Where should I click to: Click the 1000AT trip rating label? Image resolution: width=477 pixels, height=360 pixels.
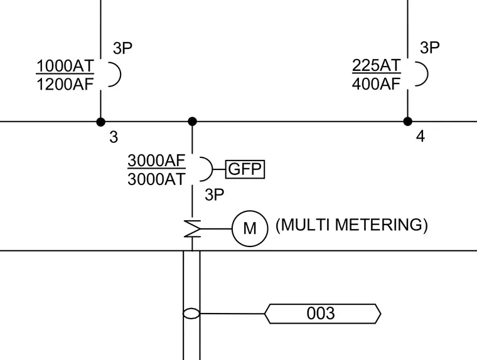[x=65, y=66]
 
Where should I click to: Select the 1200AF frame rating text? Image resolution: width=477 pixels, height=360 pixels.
[x=65, y=84]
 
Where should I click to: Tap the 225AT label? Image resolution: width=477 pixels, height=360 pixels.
[x=377, y=65]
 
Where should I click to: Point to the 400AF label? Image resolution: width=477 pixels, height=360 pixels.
[x=376, y=83]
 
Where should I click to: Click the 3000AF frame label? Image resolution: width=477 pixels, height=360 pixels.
[x=156, y=161]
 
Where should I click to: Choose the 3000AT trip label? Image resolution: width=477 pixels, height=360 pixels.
[x=156, y=179]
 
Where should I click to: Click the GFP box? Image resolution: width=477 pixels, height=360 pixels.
[x=245, y=169]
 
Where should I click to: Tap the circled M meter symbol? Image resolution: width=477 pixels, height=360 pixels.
[x=250, y=228]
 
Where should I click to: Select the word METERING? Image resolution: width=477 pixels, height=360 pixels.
[x=381, y=225]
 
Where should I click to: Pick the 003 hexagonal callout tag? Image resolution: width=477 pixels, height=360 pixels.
[x=323, y=314]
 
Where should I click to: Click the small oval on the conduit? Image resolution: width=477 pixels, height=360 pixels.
[x=191, y=314]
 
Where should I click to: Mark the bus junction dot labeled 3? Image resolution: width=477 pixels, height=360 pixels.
[x=100, y=122]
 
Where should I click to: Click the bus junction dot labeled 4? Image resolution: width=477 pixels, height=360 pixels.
[x=407, y=121]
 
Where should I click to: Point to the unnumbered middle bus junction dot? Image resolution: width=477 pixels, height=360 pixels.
[x=192, y=122]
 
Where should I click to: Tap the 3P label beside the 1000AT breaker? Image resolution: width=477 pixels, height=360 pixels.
[x=122, y=48]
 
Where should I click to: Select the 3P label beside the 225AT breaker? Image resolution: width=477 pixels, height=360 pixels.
[x=429, y=48]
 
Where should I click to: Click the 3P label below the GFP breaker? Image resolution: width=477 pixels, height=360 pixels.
[x=215, y=194]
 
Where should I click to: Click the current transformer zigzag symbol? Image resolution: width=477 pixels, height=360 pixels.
[x=192, y=229]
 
